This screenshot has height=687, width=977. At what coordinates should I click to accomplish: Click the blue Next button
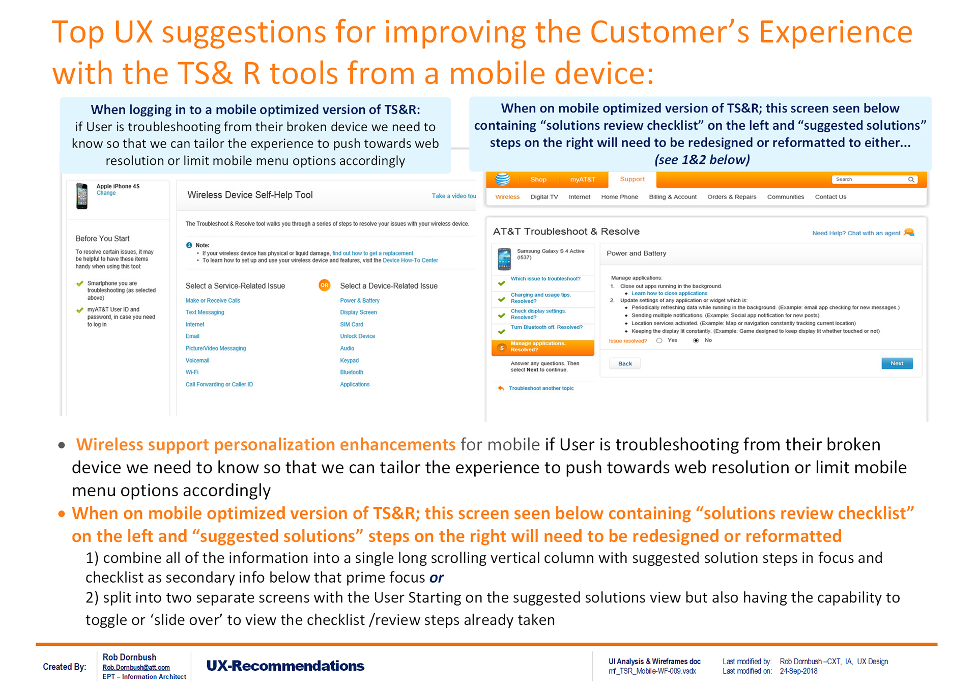click(x=897, y=363)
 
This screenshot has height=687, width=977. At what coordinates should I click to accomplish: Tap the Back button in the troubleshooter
click(x=625, y=363)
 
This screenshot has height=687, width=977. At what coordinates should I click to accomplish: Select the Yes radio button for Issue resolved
click(x=659, y=340)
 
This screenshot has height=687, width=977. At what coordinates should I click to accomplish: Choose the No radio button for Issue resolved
click(x=696, y=340)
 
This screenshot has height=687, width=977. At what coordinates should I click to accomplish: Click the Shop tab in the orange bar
click(x=538, y=180)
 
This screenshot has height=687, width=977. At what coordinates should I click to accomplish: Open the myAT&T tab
click(x=583, y=180)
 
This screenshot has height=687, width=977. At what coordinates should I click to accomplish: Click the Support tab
click(x=633, y=179)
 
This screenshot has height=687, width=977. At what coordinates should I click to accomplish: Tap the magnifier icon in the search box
click(x=911, y=180)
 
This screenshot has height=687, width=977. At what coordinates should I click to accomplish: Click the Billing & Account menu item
click(x=673, y=197)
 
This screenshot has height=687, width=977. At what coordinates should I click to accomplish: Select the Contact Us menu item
click(x=830, y=197)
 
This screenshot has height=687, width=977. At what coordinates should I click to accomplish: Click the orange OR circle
click(x=324, y=285)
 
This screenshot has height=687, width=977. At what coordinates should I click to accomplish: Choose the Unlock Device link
click(x=358, y=336)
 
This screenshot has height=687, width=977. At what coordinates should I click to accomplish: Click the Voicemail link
click(x=197, y=360)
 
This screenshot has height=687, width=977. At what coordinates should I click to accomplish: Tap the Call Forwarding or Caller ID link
click(x=219, y=384)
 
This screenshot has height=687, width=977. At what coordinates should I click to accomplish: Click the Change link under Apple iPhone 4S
click(x=106, y=193)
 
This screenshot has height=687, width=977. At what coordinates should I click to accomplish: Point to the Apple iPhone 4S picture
click(x=81, y=196)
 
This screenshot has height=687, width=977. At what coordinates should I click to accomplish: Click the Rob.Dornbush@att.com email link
click(x=136, y=667)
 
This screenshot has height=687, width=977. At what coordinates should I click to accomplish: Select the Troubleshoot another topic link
click(x=541, y=388)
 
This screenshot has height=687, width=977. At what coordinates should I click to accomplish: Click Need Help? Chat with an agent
click(x=856, y=233)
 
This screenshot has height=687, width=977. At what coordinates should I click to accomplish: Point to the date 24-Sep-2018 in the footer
click(x=798, y=671)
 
